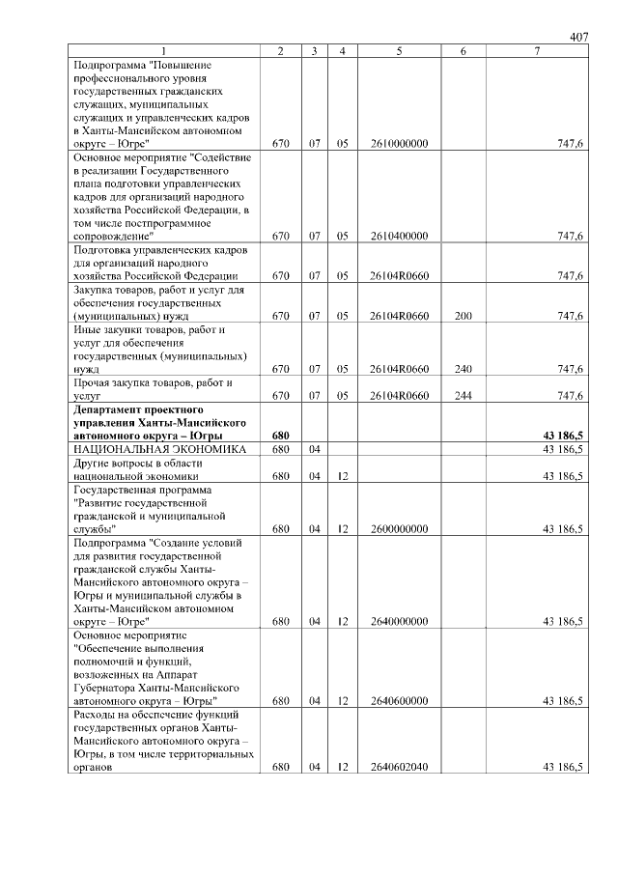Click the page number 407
578,37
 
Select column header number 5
399,50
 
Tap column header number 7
537,50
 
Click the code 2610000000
399,143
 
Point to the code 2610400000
399,236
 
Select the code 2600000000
399,529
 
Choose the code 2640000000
399,622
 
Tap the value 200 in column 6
463,316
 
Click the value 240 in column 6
463,369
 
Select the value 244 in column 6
463,396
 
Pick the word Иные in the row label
87,329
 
